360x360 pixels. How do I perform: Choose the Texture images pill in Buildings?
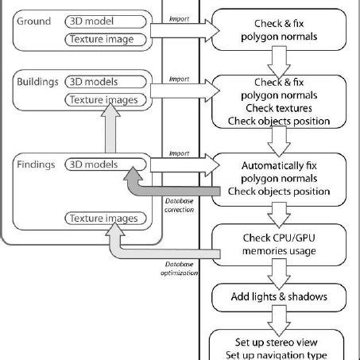click(106, 99)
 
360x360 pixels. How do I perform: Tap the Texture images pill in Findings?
click(106, 218)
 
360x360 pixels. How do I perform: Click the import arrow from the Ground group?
click(184, 30)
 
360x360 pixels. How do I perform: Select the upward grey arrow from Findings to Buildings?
click(116, 130)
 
